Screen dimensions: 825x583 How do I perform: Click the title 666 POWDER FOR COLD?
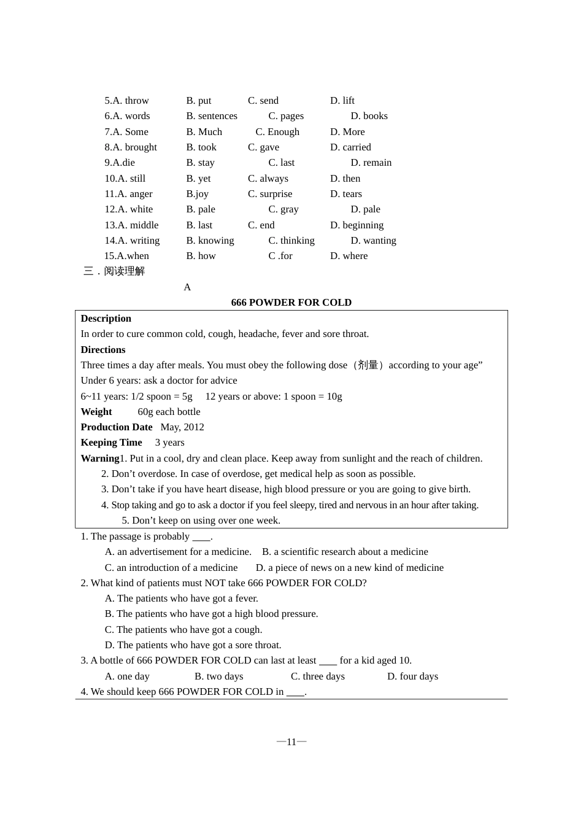click(x=291, y=303)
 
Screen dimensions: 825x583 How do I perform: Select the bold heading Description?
click(x=106, y=319)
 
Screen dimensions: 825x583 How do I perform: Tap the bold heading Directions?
click(x=103, y=350)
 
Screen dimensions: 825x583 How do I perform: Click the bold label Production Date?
click(x=117, y=427)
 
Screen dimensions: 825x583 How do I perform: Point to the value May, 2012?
click(x=182, y=427)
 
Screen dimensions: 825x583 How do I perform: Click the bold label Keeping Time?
click(x=111, y=443)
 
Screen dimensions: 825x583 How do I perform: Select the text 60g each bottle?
click(x=169, y=412)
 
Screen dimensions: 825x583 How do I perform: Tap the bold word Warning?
click(x=99, y=459)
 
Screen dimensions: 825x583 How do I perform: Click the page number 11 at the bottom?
click(x=291, y=742)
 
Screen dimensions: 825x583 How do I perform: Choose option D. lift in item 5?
click(x=342, y=101)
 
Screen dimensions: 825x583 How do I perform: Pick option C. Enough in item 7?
click(x=277, y=132)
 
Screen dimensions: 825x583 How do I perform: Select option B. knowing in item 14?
click(x=210, y=241)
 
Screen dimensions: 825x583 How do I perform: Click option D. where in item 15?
click(x=349, y=256)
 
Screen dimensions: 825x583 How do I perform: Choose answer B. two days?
click(x=218, y=676)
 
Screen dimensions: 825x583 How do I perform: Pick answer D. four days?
click(x=412, y=676)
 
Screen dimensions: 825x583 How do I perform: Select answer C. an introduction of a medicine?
click(x=171, y=568)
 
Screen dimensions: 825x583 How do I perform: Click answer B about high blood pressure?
click(x=211, y=614)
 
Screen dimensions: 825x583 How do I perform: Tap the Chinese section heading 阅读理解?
click(x=125, y=271)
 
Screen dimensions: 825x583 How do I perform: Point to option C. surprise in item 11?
click(x=270, y=194)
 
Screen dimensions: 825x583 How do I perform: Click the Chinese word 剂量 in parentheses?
click(x=368, y=365)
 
